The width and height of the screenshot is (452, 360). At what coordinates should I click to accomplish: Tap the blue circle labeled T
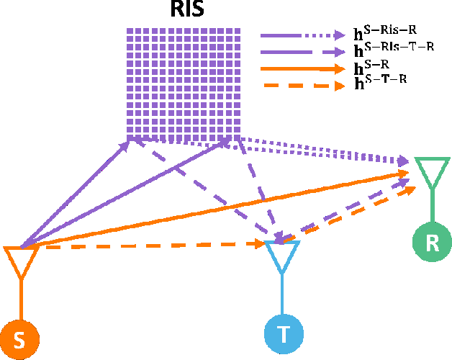tap(284, 333)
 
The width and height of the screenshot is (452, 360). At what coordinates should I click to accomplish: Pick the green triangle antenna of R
tap(431, 171)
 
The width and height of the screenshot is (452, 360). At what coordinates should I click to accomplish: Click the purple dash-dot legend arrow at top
tap(302, 35)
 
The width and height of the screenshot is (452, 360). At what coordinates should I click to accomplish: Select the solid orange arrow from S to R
tap(216, 210)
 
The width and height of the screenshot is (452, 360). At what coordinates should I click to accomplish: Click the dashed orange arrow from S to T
tap(144, 245)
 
